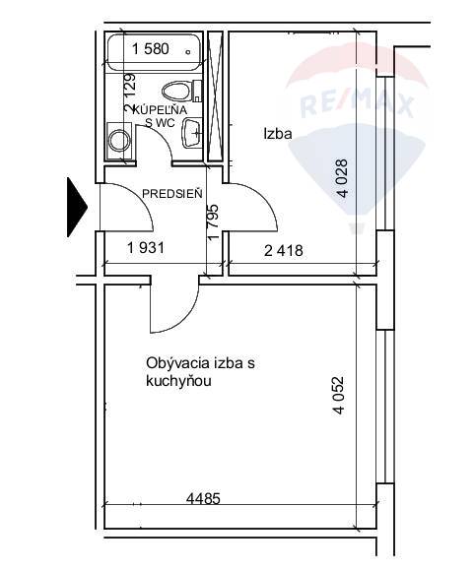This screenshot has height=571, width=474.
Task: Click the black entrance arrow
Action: click(77, 207)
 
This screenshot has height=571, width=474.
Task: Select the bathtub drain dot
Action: click(188, 52)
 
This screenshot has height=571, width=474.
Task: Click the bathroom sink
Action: click(192, 133)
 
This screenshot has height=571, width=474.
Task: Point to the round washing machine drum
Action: click(119, 141)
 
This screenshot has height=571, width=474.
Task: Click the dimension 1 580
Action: click(150, 49)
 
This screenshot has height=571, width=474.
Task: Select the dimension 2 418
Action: click(283, 250)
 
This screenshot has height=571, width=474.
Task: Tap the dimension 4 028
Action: click(343, 178)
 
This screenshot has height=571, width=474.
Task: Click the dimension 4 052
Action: click(338, 396)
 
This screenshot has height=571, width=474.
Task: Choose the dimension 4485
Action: click(203, 498)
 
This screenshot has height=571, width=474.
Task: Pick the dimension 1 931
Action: click(146, 248)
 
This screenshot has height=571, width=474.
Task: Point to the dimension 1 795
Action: click(214, 222)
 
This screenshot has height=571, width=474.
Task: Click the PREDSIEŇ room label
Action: click(172, 193)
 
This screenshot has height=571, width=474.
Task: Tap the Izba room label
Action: click(278, 134)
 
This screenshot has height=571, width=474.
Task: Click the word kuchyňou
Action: click(178, 381)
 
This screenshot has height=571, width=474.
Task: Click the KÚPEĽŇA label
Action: click(161, 109)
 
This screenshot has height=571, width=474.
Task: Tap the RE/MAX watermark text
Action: click(357, 103)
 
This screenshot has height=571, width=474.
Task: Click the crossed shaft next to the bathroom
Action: click(215, 96)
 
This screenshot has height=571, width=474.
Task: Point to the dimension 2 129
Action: click(130, 94)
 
